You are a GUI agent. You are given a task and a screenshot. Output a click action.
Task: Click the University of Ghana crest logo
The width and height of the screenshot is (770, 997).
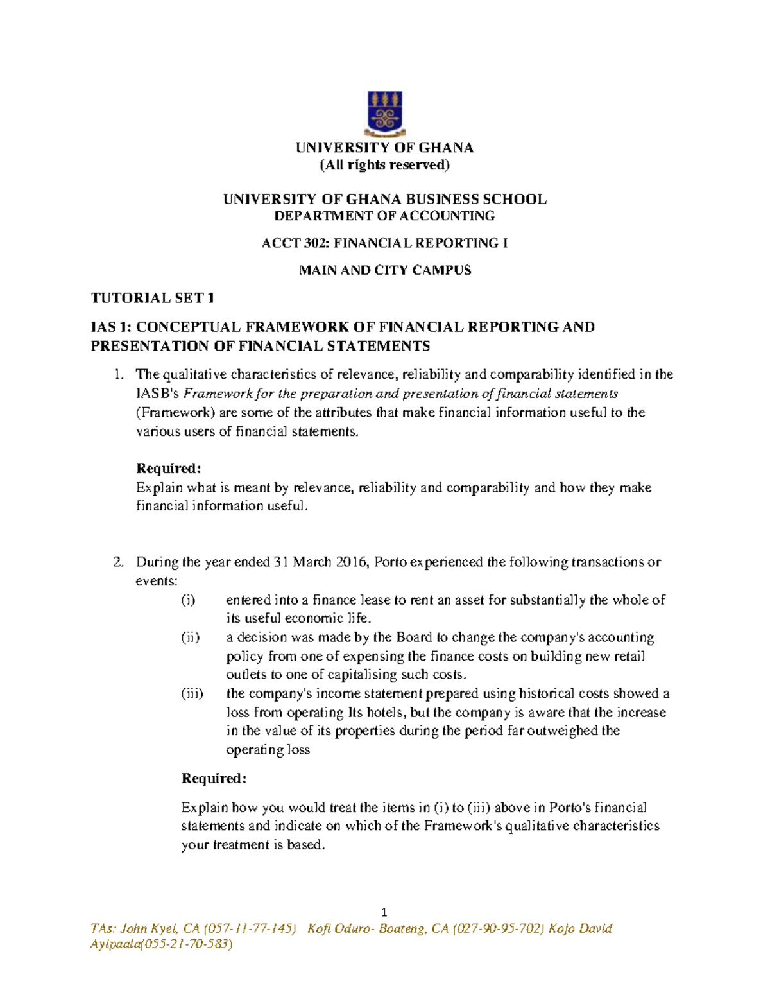[x=384, y=114]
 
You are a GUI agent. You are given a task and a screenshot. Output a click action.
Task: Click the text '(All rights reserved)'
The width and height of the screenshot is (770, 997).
[x=385, y=165]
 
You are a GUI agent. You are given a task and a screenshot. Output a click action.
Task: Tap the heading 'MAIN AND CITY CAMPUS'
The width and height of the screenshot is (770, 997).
[x=385, y=270]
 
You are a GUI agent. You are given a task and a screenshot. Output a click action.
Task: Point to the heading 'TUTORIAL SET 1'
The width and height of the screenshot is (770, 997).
[x=153, y=298]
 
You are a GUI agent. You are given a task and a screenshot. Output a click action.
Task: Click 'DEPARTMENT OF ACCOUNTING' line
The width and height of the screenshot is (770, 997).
[x=385, y=216]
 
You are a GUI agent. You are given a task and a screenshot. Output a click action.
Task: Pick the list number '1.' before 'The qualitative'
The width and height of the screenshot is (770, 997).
[x=118, y=374]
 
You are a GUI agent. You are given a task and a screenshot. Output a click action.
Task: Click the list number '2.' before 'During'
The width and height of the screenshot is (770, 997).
[x=118, y=562]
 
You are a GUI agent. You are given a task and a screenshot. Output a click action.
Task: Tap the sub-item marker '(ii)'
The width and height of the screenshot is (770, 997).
[x=190, y=637]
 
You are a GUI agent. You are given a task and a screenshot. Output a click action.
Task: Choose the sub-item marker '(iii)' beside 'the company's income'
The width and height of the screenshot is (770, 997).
[x=193, y=693]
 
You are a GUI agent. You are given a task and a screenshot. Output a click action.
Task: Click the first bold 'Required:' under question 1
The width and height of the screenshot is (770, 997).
[x=169, y=469]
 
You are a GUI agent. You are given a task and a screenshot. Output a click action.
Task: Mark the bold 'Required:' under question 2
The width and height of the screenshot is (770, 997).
[x=214, y=779]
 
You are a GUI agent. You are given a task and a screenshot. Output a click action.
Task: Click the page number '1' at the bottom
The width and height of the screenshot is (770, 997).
[x=384, y=913]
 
